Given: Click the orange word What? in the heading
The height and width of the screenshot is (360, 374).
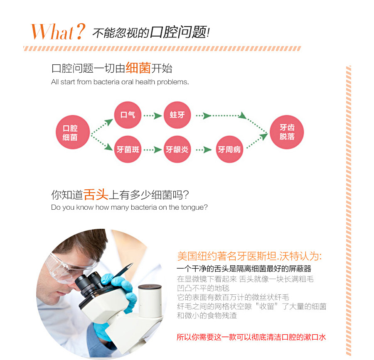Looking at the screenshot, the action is (x=58, y=32).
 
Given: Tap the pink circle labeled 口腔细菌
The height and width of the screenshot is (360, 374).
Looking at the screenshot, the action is (x=73, y=132).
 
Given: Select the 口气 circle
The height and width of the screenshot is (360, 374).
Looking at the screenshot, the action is (x=128, y=115).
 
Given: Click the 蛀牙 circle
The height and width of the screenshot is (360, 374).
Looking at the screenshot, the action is (x=177, y=115).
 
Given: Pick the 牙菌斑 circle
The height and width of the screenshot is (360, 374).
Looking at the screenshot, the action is (x=128, y=149).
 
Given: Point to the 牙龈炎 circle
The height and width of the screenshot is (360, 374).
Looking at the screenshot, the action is (x=177, y=149).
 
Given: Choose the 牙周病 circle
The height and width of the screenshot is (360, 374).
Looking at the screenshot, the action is (x=229, y=149).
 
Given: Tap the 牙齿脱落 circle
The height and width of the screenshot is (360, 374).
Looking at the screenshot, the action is (x=287, y=132).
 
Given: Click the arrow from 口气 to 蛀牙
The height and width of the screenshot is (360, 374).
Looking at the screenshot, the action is (x=153, y=116).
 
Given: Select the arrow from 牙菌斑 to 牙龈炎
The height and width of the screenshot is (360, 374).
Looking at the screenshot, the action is (x=153, y=150).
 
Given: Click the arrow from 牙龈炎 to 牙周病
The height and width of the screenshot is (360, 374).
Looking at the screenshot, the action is (x=204, y=150).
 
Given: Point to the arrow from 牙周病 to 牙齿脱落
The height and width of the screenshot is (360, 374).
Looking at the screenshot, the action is (x=257, y=141).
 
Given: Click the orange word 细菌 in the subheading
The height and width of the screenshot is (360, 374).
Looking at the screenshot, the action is (x=138, y=68).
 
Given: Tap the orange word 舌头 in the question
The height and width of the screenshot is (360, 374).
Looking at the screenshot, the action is (x=96, y=194).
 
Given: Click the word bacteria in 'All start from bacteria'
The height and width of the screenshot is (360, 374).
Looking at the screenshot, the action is (x=106, y=82).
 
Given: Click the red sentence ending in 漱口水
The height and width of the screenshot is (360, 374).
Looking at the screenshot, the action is (x=251, y=337).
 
